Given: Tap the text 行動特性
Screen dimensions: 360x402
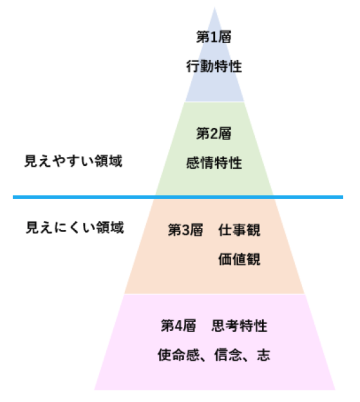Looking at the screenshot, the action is tap(214, 67).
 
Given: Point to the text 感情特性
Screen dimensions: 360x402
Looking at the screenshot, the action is tap(214, 162).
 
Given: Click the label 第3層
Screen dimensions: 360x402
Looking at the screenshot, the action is tap(185, 230).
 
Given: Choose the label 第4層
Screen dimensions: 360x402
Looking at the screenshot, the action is tap(178, 326).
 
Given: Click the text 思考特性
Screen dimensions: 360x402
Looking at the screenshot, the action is tap(240, 326).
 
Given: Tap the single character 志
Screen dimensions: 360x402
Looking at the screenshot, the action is tap(263, 355).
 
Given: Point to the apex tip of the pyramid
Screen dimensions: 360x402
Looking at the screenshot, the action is tap(214, 9).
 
